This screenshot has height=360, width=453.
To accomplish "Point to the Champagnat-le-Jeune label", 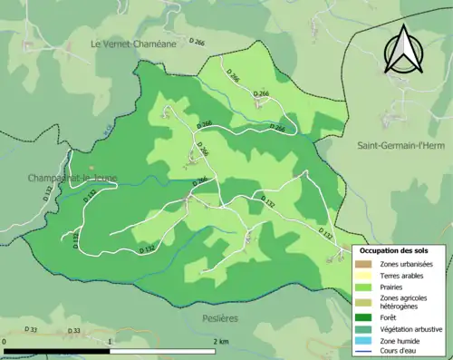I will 72,178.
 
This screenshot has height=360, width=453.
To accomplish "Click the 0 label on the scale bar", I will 5,342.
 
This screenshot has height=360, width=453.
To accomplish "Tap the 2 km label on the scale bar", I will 220,342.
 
